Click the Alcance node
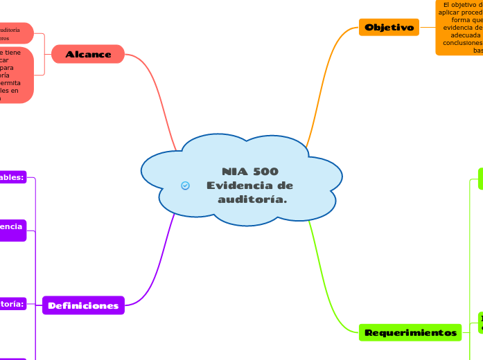[x=88, y=54]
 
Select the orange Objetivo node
[x=389, y=28]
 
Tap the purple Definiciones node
[x=83, y=305]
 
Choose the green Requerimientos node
[x=411, y=333]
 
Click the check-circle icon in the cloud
[x=185, y=186]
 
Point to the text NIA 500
[x=250, y=171]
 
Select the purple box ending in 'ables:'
[x=12, y=177]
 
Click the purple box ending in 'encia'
[x=12, y=230]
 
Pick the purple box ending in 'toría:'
[x=12, y=303]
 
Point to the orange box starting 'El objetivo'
[x=460, y=28]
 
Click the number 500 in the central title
[x=266, y=171]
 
